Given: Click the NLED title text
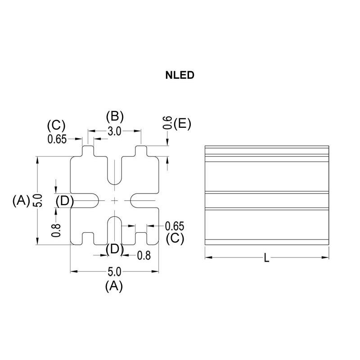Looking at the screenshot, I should coord(180,75).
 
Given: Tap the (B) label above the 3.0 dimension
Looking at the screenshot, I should coord(114,116).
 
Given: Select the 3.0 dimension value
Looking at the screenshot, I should coord(115,131).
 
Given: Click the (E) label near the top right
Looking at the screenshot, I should coord(182,123).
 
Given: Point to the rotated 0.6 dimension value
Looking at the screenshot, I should coord(167,123).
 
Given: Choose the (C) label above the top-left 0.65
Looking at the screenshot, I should coord(56,125).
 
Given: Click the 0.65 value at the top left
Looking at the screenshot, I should coord(57,139).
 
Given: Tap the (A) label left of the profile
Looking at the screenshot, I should coord(21,200).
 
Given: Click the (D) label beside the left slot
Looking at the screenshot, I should coord(65,200).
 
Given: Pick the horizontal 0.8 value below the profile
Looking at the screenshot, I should coord(144,256).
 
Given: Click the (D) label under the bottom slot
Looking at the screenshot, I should coord(114,248).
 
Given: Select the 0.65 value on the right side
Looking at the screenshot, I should coord(175,226).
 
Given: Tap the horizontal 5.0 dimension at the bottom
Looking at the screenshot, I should coord(114,272).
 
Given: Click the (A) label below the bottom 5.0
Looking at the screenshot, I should coord(114,286).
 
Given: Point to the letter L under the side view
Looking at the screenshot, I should coord(266,258).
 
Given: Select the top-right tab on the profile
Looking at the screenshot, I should coord(141,151).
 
